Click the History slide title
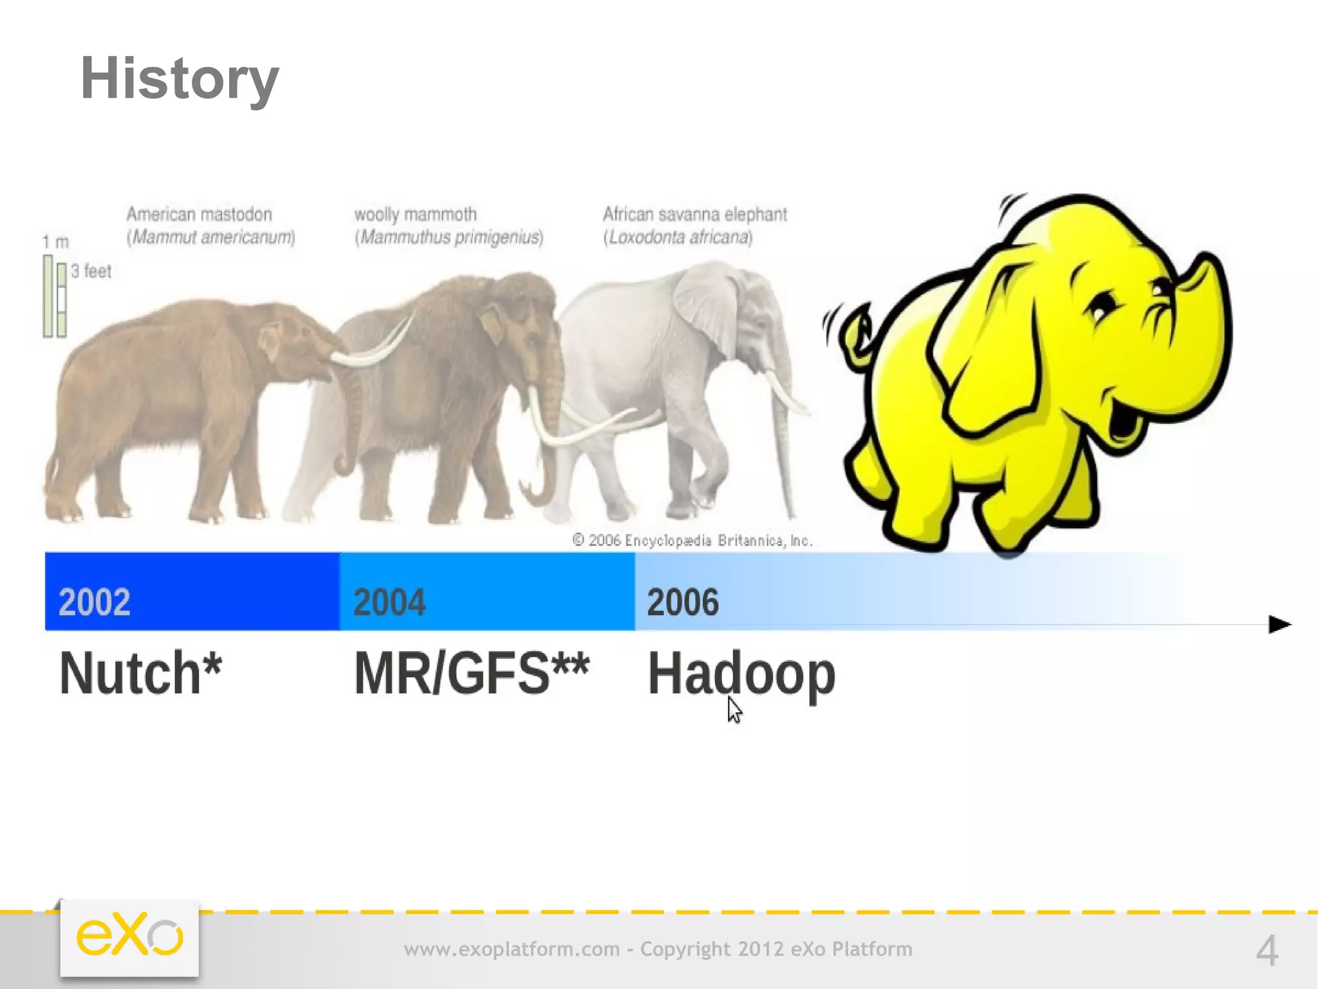click(179, 79)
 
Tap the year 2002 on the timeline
click(95, 602)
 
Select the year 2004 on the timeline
click(389, 602)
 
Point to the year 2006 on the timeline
click(683, 602)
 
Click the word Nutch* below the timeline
click(140, 673)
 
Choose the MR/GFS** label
click(471, 673)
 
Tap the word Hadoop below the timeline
click(741, 673)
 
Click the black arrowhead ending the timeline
click(1279, 624)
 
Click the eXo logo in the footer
click(129, 937)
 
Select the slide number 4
click(1267, 950)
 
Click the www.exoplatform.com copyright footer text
click(658, 949)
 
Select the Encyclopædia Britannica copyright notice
click(692, 540)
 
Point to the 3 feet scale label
click(91, 271)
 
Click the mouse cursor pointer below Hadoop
click(734, 709)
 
